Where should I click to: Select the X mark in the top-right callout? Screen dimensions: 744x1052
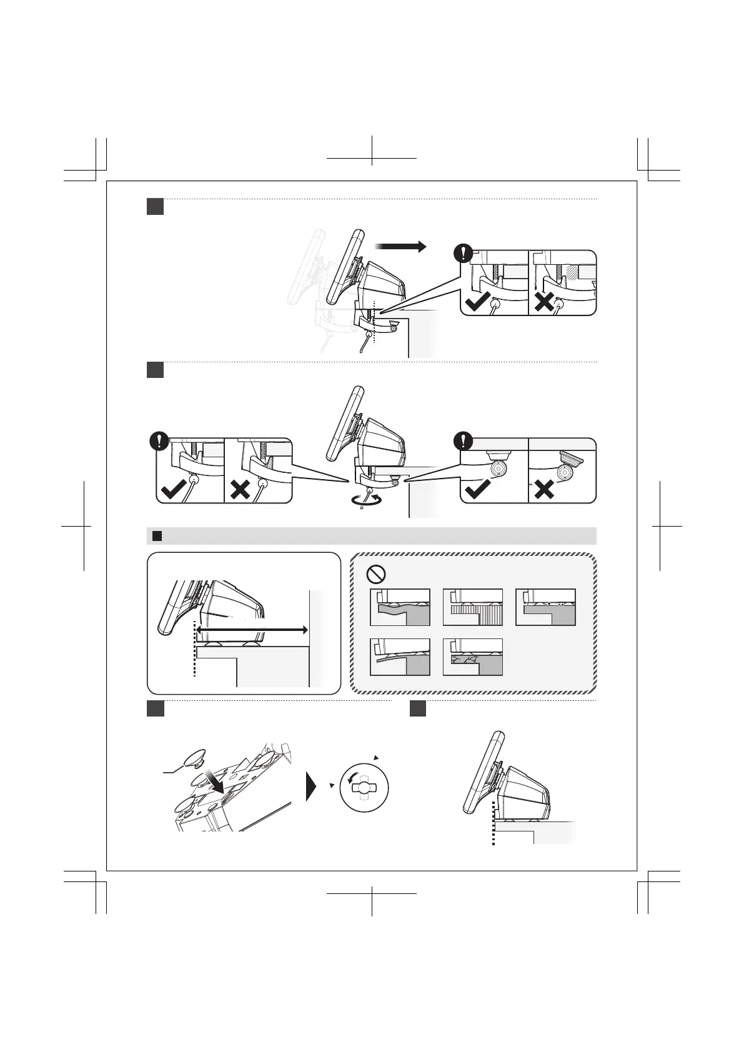[545, 302]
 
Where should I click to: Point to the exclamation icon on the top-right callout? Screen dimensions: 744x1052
[463, 254]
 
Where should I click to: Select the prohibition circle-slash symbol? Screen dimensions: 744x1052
[377, 573]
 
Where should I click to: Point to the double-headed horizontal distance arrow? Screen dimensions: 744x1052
[252, 630]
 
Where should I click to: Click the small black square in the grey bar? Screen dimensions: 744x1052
[157, 536]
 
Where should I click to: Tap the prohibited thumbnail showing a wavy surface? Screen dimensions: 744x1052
[400, 607]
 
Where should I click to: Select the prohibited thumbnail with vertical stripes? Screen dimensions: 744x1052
[473, 607]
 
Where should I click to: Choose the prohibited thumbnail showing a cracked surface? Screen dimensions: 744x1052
[473, 657]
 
